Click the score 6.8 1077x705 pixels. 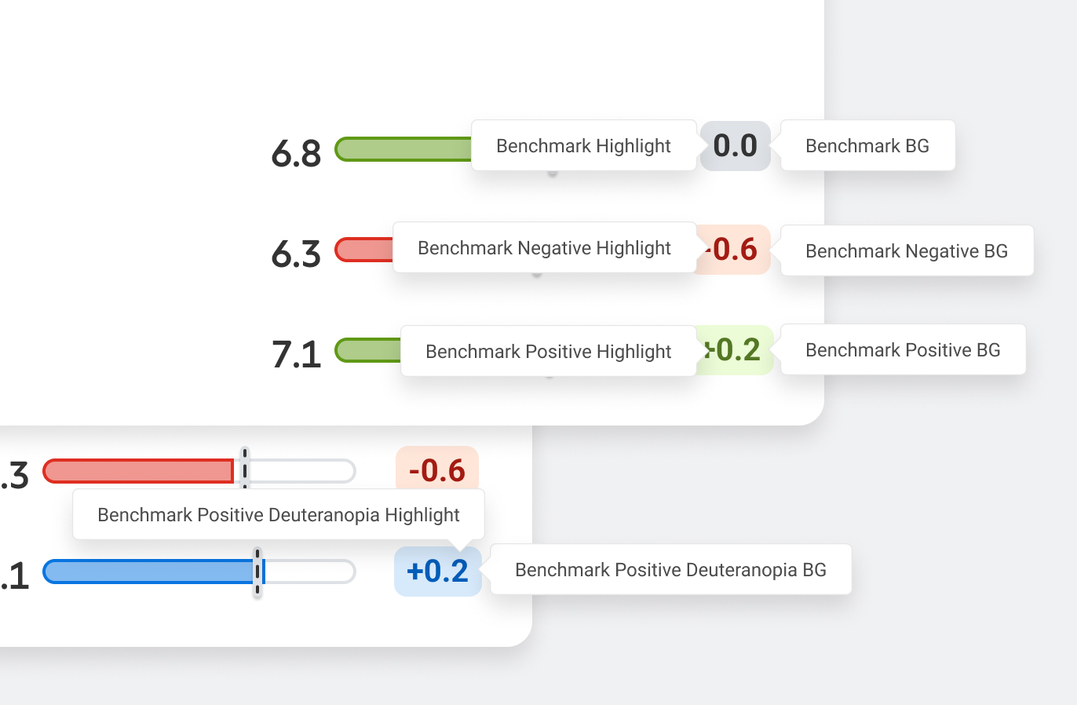(296, 153)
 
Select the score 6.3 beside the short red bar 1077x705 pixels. (296, 254)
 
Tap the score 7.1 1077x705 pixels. (296, 354)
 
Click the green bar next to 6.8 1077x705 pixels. (403, 149)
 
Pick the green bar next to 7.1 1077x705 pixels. (368, 350)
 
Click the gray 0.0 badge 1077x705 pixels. (736, 146)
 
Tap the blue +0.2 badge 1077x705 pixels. (438, 572)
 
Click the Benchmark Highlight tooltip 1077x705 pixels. (583, 146)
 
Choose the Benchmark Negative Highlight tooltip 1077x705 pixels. (544, 248)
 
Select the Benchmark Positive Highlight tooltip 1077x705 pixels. (548, 352)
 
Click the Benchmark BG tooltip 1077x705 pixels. (867, 146)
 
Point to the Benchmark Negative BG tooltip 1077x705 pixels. (907, 251)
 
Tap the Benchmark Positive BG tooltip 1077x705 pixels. (903, 350)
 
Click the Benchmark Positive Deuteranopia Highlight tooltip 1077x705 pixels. (278, 515)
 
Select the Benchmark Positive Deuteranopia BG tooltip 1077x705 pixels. (670, 570)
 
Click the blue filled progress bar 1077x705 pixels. (149, 572)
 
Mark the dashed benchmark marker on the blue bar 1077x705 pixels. (257, 572)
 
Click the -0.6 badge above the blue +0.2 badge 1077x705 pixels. (437, 470)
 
